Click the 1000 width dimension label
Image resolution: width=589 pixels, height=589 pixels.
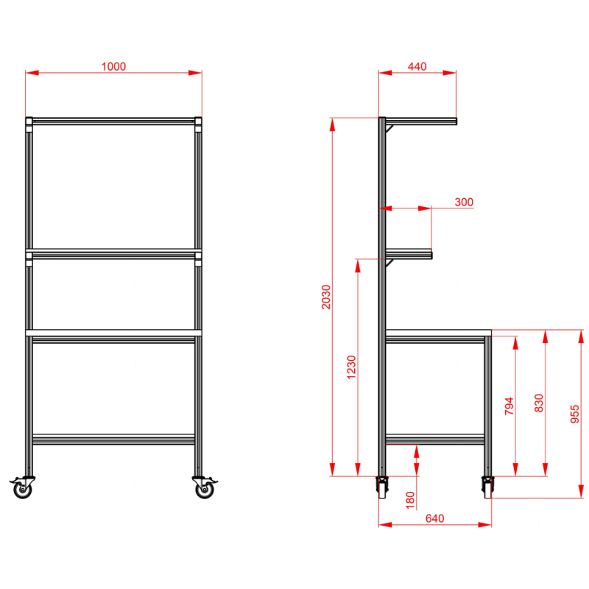click(x=113, y=66)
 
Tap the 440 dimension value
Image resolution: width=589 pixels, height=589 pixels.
click(x=417, y=66)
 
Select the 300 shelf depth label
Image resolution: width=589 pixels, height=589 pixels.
click(x=464, y=202)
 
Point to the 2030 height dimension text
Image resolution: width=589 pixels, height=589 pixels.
click(x=325, y=297)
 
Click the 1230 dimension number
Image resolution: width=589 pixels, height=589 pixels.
click(x=351, y=367)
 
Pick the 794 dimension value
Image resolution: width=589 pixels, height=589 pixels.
click(x=509, y=406)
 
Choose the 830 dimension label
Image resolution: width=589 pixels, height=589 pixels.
click(x=539, y=403)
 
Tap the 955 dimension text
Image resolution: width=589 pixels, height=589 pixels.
click(x=575, y=414)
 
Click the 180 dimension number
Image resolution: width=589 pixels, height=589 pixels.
click(x=410, y=500)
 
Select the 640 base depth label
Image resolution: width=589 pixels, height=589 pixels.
click(x=434, y=518)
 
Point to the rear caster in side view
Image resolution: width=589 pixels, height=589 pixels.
click(x=382, y=487)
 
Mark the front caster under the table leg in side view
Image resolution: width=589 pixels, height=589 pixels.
click(x=487, y=487)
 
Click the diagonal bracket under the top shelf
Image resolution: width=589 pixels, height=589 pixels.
click(x=389, y=129)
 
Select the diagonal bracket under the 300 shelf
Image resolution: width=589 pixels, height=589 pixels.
click(x=389, y=263)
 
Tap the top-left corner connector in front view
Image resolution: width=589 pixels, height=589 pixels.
click(x=29, y=124)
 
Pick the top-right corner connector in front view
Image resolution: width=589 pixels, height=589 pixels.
click(x=198, y=124)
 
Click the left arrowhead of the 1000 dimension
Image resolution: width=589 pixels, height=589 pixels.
click(x=32, y=72)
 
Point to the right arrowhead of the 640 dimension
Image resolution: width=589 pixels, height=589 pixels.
click(x=484, y=524)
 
